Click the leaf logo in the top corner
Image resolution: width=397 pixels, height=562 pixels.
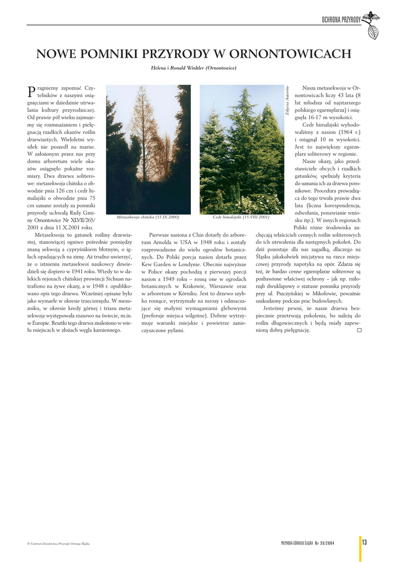[x=372, y=25]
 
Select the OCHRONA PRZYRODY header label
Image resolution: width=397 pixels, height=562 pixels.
[x=341, y=20]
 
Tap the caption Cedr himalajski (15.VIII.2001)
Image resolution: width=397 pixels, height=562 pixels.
[x=241, y=217]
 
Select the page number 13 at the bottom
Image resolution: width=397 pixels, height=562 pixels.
[x=364, y=542]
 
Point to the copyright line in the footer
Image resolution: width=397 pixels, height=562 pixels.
[x=58, y=543]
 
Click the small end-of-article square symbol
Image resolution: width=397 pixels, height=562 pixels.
[x=359, y=330]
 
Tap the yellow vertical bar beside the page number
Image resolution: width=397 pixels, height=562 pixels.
[x=360, y=548]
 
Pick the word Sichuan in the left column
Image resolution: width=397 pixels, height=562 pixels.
[x=106, y=279]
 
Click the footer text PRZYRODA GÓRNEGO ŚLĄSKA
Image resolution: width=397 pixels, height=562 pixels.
[x=296, y=543]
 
